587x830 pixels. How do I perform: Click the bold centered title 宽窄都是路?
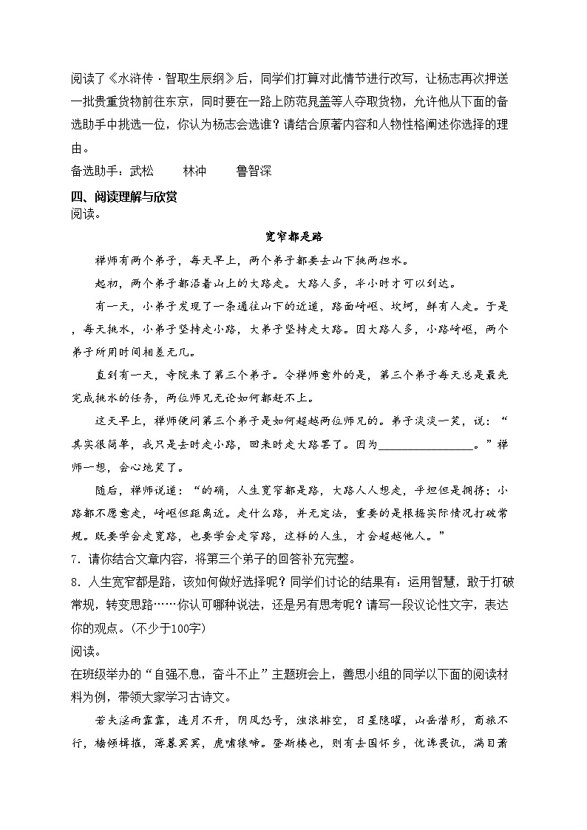293,237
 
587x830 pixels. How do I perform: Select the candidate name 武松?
142,171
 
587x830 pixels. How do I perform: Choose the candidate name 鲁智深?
254,171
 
